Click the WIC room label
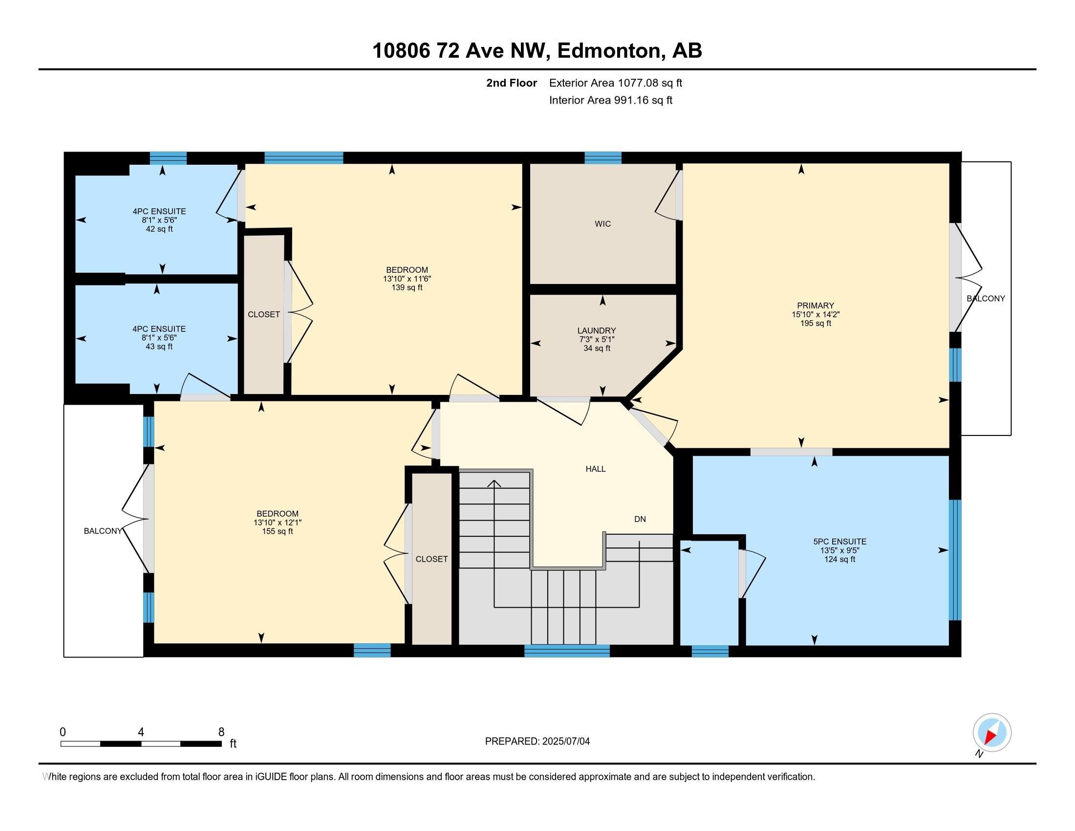tap(602, 224)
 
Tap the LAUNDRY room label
tap(597, 331)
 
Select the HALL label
tap(596, 469)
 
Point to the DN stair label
tap(640, 519)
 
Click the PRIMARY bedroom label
tap(816, 306)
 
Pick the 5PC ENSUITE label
tap(839, 542)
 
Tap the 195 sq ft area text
tap(816, 324)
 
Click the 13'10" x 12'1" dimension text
tap(278, 523)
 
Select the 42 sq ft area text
tap(159, 229)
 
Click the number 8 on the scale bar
tap(221, 732)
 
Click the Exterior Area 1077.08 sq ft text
tap(616, 83)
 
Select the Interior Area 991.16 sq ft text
tap(611, 100)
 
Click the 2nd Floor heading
tap(512, 83)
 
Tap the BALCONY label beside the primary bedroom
tap(986, 298)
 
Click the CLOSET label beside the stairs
tap(431, 559)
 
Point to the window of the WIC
tap(603, 158)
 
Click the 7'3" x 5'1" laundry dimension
tap(597, 340)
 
